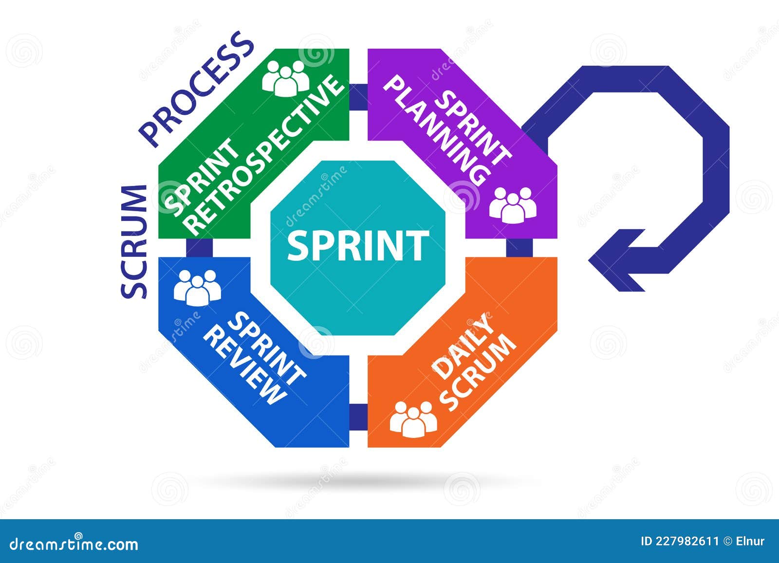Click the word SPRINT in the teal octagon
coord(358,246)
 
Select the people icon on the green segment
coord(286,78)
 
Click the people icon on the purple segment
coord(513,204)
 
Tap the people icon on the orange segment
coord(413,418)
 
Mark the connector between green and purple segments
coord(358,96)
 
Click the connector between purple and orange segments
coord(519,248)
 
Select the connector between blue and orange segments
coord(358,417)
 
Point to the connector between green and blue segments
coord(199,248)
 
